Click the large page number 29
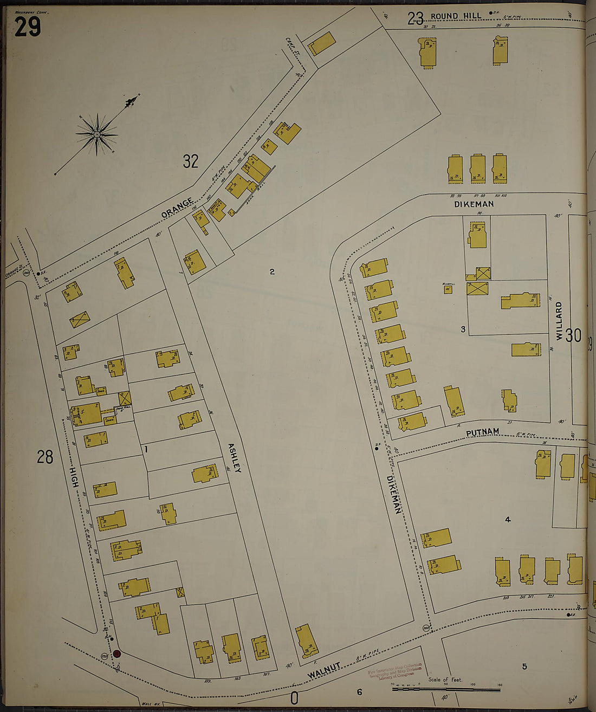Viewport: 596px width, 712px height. coord(28,27)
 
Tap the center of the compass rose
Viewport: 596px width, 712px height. coord(96,134)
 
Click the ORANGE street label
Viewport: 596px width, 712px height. coord(177,209)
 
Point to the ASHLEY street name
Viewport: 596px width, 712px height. coord(234,458)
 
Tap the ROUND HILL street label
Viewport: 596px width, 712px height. coord(456,16)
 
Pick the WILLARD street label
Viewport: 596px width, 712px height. coord(559,321)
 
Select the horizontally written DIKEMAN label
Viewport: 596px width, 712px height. coord(474,204)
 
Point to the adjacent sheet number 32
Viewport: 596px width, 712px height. coord(190,161)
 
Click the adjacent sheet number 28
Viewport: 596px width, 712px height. coord(45,457)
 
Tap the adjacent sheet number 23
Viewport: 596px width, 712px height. coord(416,19)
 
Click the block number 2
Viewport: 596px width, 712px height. coord(272,271)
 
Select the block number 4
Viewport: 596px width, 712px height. coord(508,520)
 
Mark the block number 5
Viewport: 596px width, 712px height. coord(524,666)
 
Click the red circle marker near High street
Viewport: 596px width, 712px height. coord(116,654)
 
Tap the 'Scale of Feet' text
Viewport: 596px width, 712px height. coord(445,679)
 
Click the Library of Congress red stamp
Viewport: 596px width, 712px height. coord(394,671)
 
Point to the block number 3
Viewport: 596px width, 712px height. coord(463,329)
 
